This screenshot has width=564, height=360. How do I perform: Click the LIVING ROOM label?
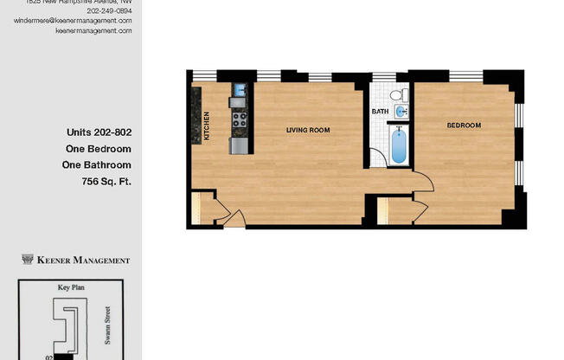308,130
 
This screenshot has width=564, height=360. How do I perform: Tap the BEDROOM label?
463,125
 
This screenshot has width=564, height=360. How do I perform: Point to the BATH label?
380,112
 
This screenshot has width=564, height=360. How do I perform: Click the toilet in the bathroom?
397,95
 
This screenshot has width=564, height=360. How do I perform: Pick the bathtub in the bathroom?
399,145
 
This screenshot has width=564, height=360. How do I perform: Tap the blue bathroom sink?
401,112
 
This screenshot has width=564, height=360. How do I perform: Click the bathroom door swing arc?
378,158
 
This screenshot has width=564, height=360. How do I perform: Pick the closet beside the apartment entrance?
201,209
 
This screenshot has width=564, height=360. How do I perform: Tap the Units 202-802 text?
99,132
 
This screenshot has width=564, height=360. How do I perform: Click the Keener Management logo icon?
27,260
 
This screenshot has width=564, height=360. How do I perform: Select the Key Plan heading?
71,287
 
